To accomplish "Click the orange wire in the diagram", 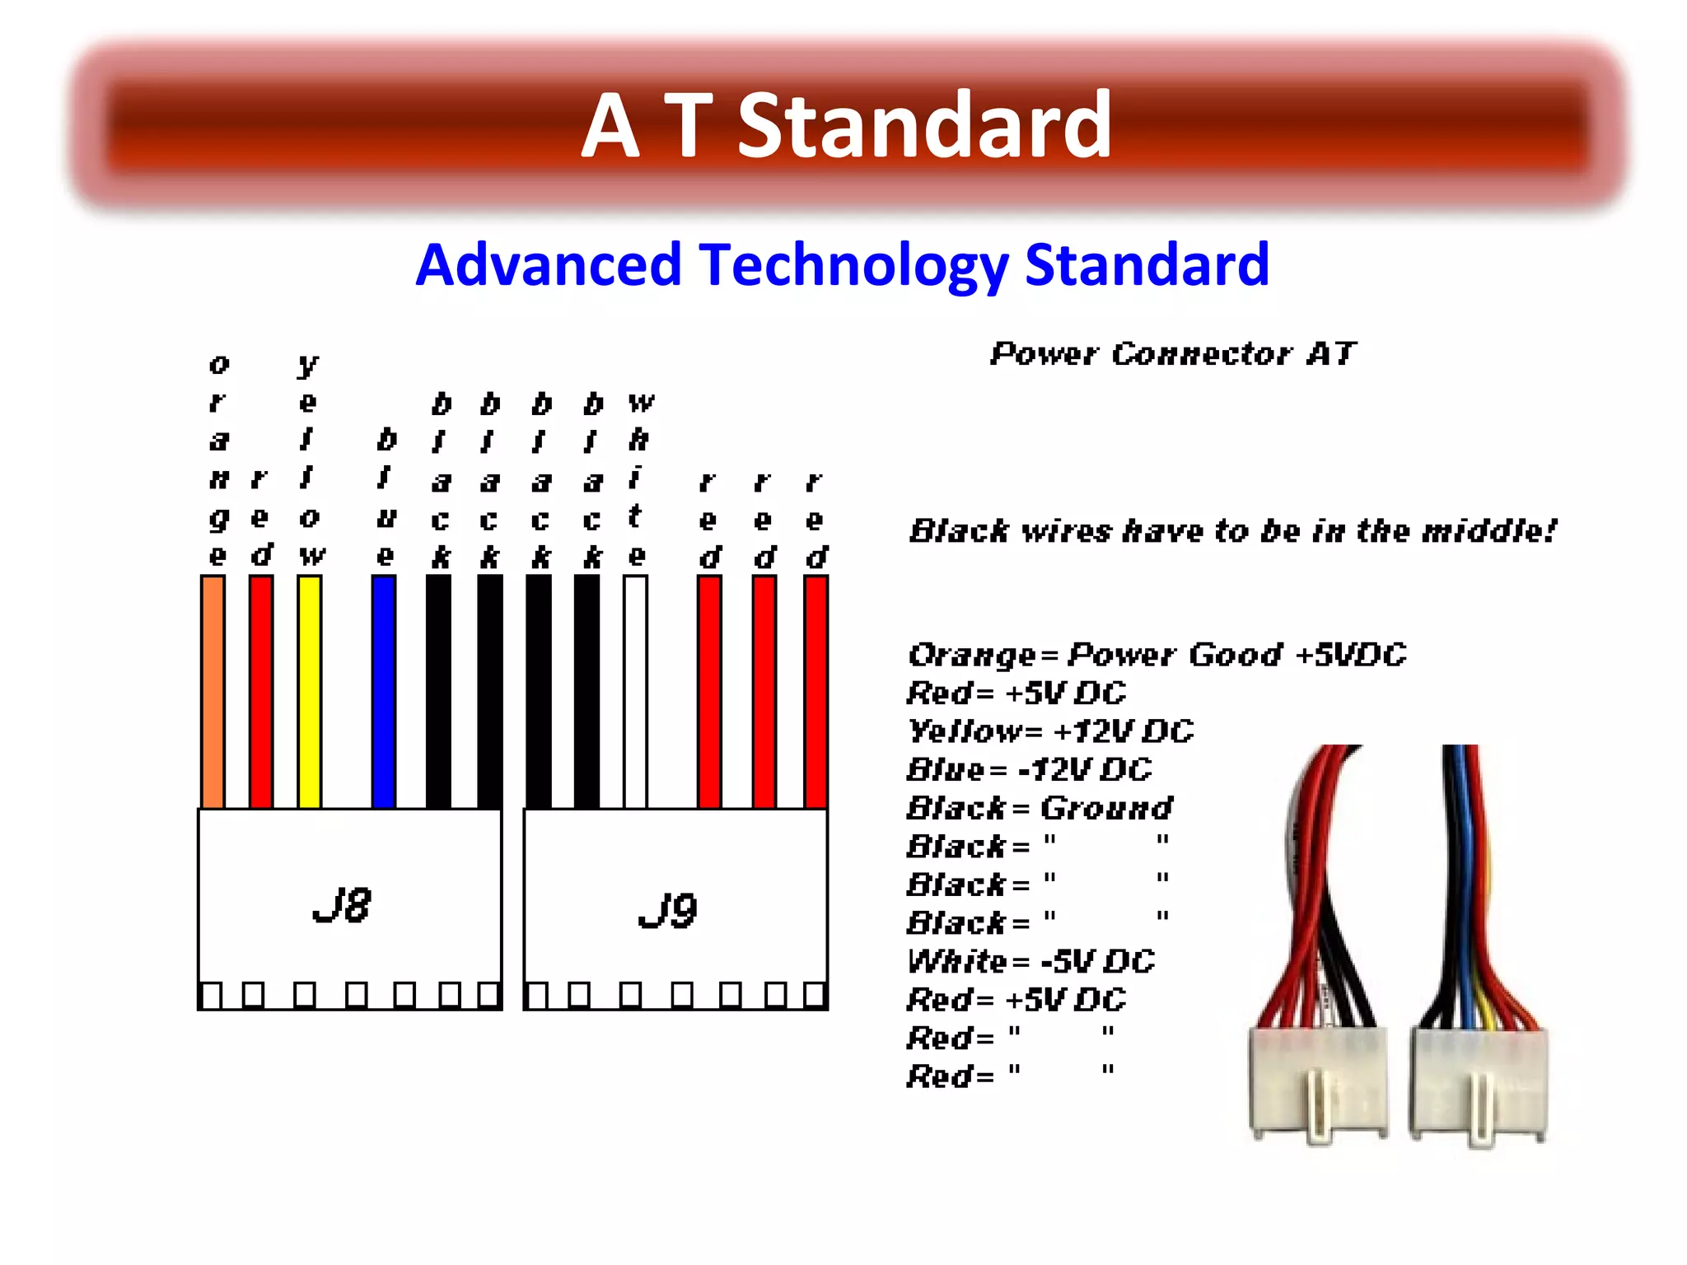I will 213,692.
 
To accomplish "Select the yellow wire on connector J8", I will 309,692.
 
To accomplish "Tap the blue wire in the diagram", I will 384,692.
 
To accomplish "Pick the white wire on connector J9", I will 635,692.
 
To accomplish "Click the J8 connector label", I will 342,906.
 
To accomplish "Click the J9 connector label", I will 667,910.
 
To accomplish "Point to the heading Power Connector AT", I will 1172,354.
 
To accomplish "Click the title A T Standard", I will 847,125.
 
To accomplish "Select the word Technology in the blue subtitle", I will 853,265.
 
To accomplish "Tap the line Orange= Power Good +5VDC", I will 1157,656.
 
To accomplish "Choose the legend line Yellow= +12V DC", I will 1049,731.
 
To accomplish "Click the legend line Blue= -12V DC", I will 1029,770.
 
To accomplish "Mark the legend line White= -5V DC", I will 1030,961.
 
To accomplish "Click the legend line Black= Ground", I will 1040,808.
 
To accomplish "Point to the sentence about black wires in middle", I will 1232,531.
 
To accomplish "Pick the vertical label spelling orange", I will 218,460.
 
